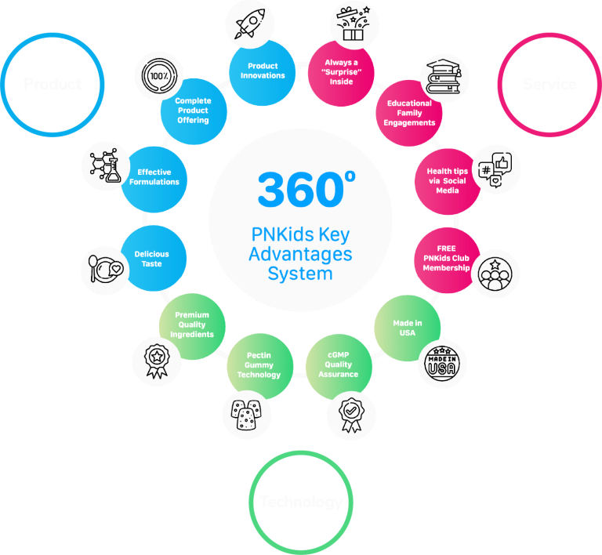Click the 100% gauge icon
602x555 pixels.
[159, 77]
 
